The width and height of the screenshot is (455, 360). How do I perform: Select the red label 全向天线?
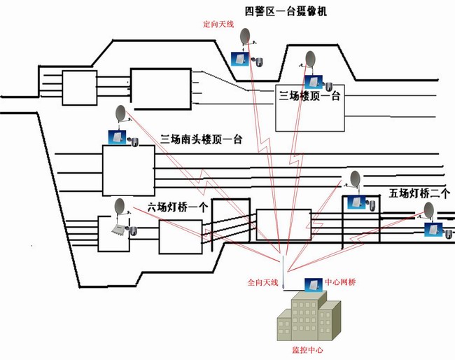[x=263, y=283]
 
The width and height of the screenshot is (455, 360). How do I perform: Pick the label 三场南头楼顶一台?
[x=201, y=139]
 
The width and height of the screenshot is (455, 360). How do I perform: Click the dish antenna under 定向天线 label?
[x=246, y=36]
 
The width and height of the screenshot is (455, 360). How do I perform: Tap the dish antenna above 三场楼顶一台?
[x=309, y=60]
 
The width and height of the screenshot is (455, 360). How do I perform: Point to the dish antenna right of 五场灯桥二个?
[x=429, y=211]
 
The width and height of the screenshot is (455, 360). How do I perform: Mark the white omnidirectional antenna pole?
[x=281, y=273]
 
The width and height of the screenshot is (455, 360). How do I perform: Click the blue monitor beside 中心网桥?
[x=311, y=284]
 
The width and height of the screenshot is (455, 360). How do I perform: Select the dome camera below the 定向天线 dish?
[x=258, y=62]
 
